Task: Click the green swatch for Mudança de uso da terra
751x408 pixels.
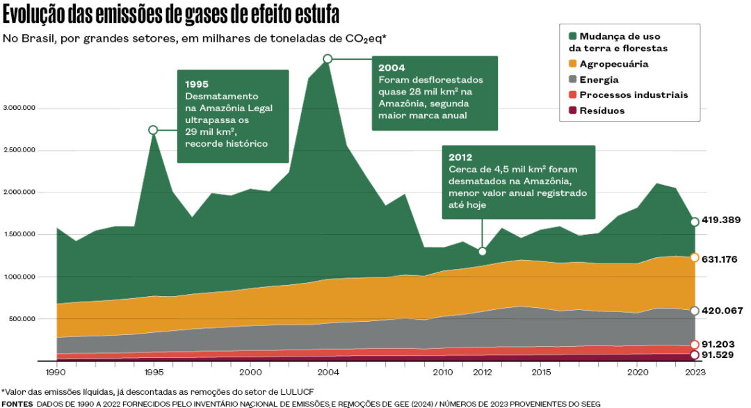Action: tap(573, 35)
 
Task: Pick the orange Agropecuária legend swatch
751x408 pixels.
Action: tap(573, 64)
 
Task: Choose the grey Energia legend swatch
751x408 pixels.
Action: tap(573, 80)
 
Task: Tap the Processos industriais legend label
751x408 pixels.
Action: tap(633, 95)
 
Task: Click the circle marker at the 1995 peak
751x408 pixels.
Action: tap(153, 130)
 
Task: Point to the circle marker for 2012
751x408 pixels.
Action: tap(483, 251)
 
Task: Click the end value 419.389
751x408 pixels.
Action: tap(720, 220)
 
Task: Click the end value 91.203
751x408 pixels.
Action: tap(718, 343)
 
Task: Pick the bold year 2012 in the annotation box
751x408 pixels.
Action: tap(460, 157)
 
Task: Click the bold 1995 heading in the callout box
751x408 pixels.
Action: tap(197, 83)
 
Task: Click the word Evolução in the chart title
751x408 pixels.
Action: tap(35, 15)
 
